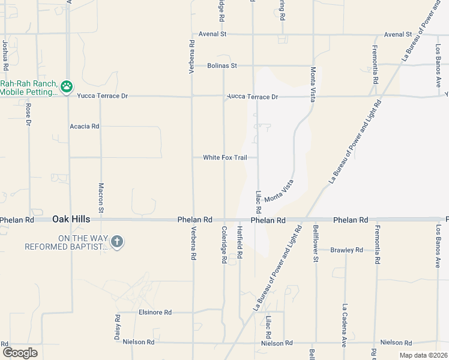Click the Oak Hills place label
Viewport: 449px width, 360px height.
(x=71, y=220)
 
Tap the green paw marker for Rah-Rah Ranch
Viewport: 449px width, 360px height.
(x=67, y=87)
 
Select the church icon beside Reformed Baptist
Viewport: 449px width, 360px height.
(x=117, y=242)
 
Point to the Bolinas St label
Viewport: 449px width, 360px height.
(x=222, y=65)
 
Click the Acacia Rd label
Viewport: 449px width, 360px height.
(x=85, y=127)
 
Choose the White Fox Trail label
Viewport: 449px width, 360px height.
(x=225, y=158)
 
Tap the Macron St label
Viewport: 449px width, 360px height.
(x=101, y=198)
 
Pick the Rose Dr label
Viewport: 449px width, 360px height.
(x=28, y=115)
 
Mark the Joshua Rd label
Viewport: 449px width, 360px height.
(x=5, y=53)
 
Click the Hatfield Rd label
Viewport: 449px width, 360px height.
(x=239, y=242)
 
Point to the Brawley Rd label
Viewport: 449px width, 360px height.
(x=347, y=250)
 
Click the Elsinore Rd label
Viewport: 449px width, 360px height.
(x=155, y=313)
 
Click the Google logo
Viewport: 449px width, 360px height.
(x=20, y=352)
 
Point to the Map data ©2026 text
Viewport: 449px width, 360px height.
(x=423, y=355)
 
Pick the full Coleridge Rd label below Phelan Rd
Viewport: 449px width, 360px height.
(x=223, y=245)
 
